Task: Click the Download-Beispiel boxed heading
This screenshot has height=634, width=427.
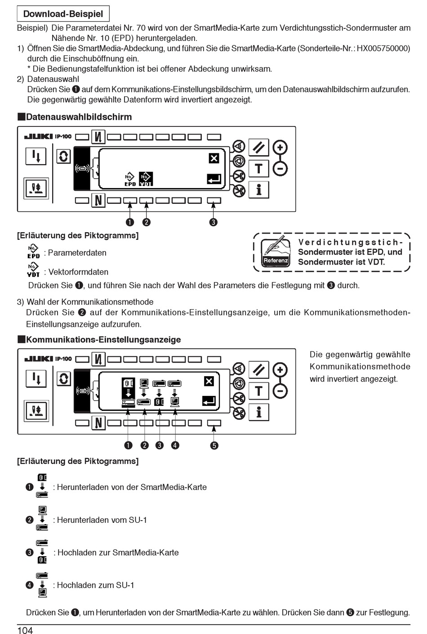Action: [x=63, y=14]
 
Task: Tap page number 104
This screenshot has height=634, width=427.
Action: [x=25, y=630]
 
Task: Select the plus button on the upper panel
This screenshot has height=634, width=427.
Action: [x=280, y=148]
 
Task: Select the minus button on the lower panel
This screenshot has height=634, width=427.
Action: [x=280, y=391]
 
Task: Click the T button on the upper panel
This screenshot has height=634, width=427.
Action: [x=258, y=169]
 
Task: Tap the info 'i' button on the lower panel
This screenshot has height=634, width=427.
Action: [x=258, y=412]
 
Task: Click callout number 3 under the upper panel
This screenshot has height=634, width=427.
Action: [x=213, y=222]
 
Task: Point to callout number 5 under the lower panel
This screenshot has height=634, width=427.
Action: [x=214, y=445]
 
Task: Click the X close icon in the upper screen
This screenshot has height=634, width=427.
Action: [x=214, y=158]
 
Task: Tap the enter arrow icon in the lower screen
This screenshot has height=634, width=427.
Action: [x=209, y=400]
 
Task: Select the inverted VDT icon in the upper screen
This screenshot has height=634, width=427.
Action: [x=146, y=179]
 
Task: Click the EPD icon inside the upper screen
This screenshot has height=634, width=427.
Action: [x=130, y=179]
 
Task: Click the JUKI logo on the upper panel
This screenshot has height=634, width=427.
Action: [x=38, y=136]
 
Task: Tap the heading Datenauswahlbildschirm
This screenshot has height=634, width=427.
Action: [x=79, y=117]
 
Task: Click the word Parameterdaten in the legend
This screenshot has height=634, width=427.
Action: [x=77, y=253]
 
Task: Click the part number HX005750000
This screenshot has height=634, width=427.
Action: [x=383, y=49]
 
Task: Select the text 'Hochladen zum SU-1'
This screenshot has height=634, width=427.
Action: [x=95, y=585]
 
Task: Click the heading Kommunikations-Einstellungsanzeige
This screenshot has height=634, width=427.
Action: [x=103, y=340]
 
